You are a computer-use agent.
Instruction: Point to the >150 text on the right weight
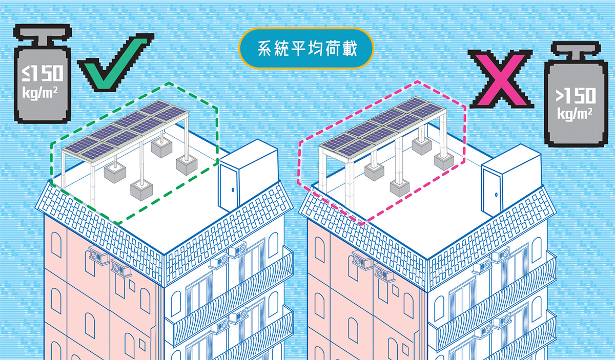click(576, 96)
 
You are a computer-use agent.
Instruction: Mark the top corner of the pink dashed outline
click(418, 81)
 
